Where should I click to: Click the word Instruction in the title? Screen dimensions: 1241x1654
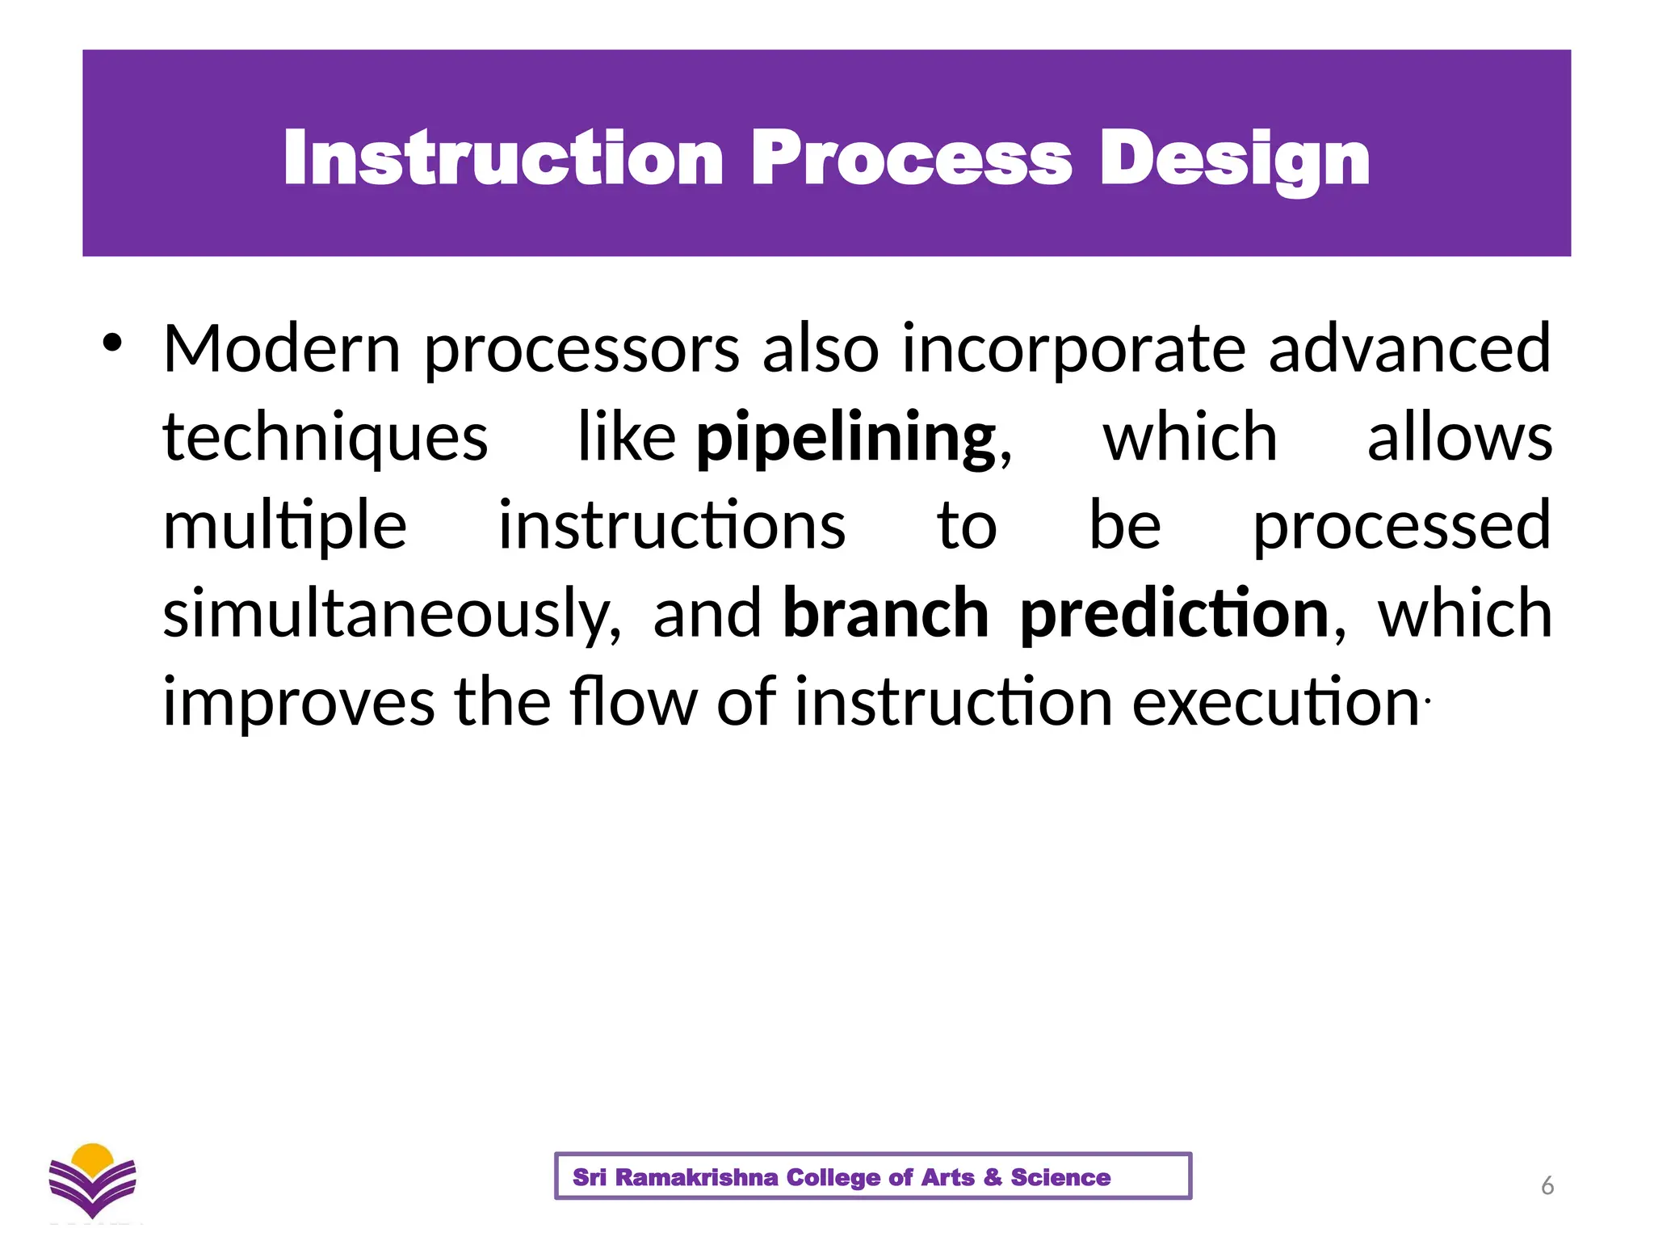tap(503, 158)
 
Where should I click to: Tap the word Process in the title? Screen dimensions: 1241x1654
tap(911, 158)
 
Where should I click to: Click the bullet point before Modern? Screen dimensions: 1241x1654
tap(112, 343)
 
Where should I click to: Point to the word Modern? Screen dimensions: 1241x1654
tap(282, 349)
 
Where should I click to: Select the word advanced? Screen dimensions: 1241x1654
tap(1409, 349)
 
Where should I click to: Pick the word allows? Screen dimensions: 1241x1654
tap(1459, 438)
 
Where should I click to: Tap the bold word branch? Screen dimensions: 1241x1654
tap(885, 614)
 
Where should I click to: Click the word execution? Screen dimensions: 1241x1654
tap(1275, 703)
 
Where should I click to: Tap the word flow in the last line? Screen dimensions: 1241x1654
tap(633, 701)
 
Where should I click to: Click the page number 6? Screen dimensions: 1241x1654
tap(1547, 1185)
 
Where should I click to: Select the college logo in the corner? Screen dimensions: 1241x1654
tap(93, 1180)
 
